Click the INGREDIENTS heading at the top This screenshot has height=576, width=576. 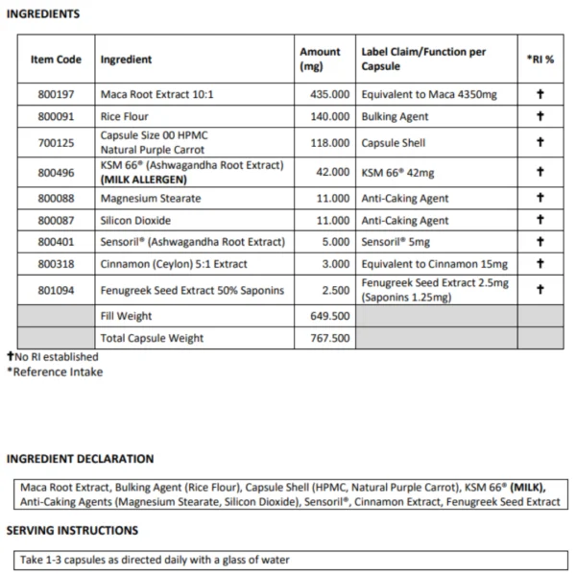pyautogui.click(x=43, y=14)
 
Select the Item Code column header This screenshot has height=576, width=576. pyautogui.click(x=56, y=59)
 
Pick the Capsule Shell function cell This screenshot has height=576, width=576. pyautogui.click(x=393, y=143)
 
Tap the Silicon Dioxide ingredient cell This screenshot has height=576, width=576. pyautogui.click(x=137, y=221)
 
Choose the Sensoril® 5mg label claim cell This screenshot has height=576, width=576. pyautogui.click(x=396, y=242)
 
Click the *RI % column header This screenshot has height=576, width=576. pyautogui.click(x=540, y=59)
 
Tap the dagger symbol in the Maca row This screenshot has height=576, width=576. pyautogui.click(x=540, y=96)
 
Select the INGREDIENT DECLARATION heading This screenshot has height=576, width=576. pyautogui.click(x=80, y=459)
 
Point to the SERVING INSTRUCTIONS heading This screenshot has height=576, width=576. pyautogui.click(x=72, y=530)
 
